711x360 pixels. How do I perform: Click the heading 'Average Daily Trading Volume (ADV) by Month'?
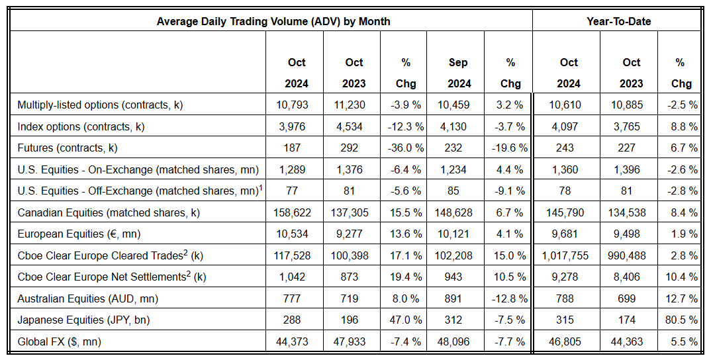click(x=273, y=21)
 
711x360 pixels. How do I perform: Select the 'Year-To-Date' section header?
click(x=618, y=21)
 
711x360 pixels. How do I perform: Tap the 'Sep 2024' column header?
click(x=457, y=73)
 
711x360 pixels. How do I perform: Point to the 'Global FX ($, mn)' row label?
click(x=60, y=341)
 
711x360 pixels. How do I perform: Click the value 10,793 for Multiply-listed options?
click(x=297, y=105)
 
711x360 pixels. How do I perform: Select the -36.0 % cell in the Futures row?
click(x=406, y=148)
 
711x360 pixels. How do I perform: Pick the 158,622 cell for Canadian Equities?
click(x=297, y=212)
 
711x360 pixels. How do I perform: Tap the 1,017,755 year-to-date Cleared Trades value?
click(x=569, y=255)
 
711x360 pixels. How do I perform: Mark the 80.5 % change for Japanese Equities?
click(x=680, y=320)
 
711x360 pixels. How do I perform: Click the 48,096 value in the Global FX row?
click(x=457, y=341)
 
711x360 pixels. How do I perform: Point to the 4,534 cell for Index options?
click(x=354, y=126)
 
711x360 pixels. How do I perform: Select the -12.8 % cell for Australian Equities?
click(x=510, y=298)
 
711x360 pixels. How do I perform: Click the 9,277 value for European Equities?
click(x=354, y=234)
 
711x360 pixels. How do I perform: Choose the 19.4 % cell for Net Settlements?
click(x=406, y=277)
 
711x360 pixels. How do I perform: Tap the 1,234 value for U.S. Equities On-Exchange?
click(x=457, y=169)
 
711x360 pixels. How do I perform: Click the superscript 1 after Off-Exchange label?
click(x=261, y=188)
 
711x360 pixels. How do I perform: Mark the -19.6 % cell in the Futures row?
click(x=510, y=148)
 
